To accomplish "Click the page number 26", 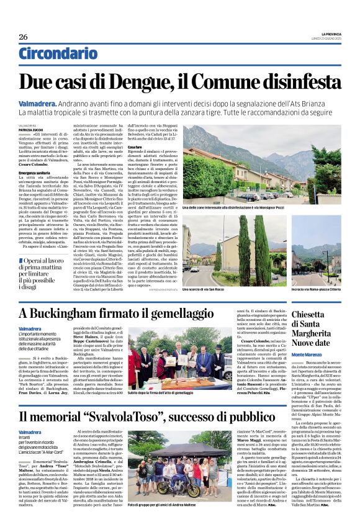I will (23, 37).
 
